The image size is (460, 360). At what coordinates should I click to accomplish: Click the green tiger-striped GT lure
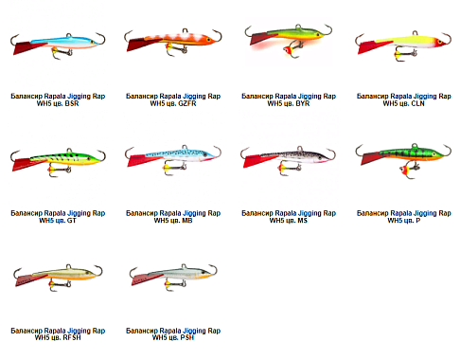click(58, 160)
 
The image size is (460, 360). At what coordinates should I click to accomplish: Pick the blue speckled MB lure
click(173, 158)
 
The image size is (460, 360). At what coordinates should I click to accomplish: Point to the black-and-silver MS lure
click(288, 159)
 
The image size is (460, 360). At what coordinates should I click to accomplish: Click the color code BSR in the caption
click(71, 103)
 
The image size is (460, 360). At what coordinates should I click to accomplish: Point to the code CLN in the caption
click(417, 103)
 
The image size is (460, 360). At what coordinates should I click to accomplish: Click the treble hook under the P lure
click(409, 170)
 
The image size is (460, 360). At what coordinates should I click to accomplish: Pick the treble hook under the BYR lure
click(292, 49)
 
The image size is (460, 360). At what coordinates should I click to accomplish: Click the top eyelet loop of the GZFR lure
click(186, 30)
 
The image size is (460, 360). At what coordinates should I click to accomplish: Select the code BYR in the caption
click(303, 103)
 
